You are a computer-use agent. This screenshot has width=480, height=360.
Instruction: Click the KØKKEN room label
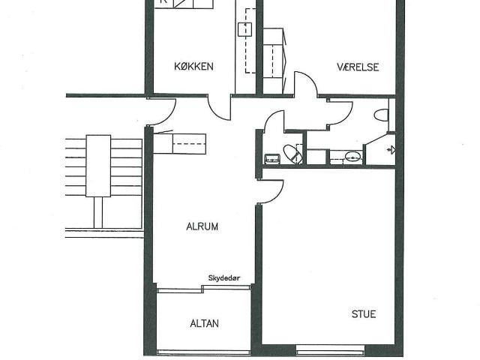(x=193, y=67)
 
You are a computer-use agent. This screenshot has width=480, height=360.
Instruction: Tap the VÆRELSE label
(x=358, y=67)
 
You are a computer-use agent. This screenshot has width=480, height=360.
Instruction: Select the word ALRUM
(x=202, y=226)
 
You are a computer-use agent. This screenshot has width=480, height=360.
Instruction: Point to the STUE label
(x=364, y=314)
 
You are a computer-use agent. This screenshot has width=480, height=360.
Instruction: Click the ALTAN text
(x=204, y=323)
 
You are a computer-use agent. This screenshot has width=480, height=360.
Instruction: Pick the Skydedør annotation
(x=224, y=278)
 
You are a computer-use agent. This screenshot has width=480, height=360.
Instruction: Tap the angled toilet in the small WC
(x=293, y=154)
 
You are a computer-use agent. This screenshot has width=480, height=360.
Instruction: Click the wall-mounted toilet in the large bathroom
(x=382, y=115)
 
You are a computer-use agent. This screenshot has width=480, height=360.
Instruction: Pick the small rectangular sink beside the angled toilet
(x=272, y=158)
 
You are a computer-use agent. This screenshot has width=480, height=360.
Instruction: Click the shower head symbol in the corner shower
(x=391, y=150)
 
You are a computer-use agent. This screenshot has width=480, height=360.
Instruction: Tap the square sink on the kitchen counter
(x=245, y=29)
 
